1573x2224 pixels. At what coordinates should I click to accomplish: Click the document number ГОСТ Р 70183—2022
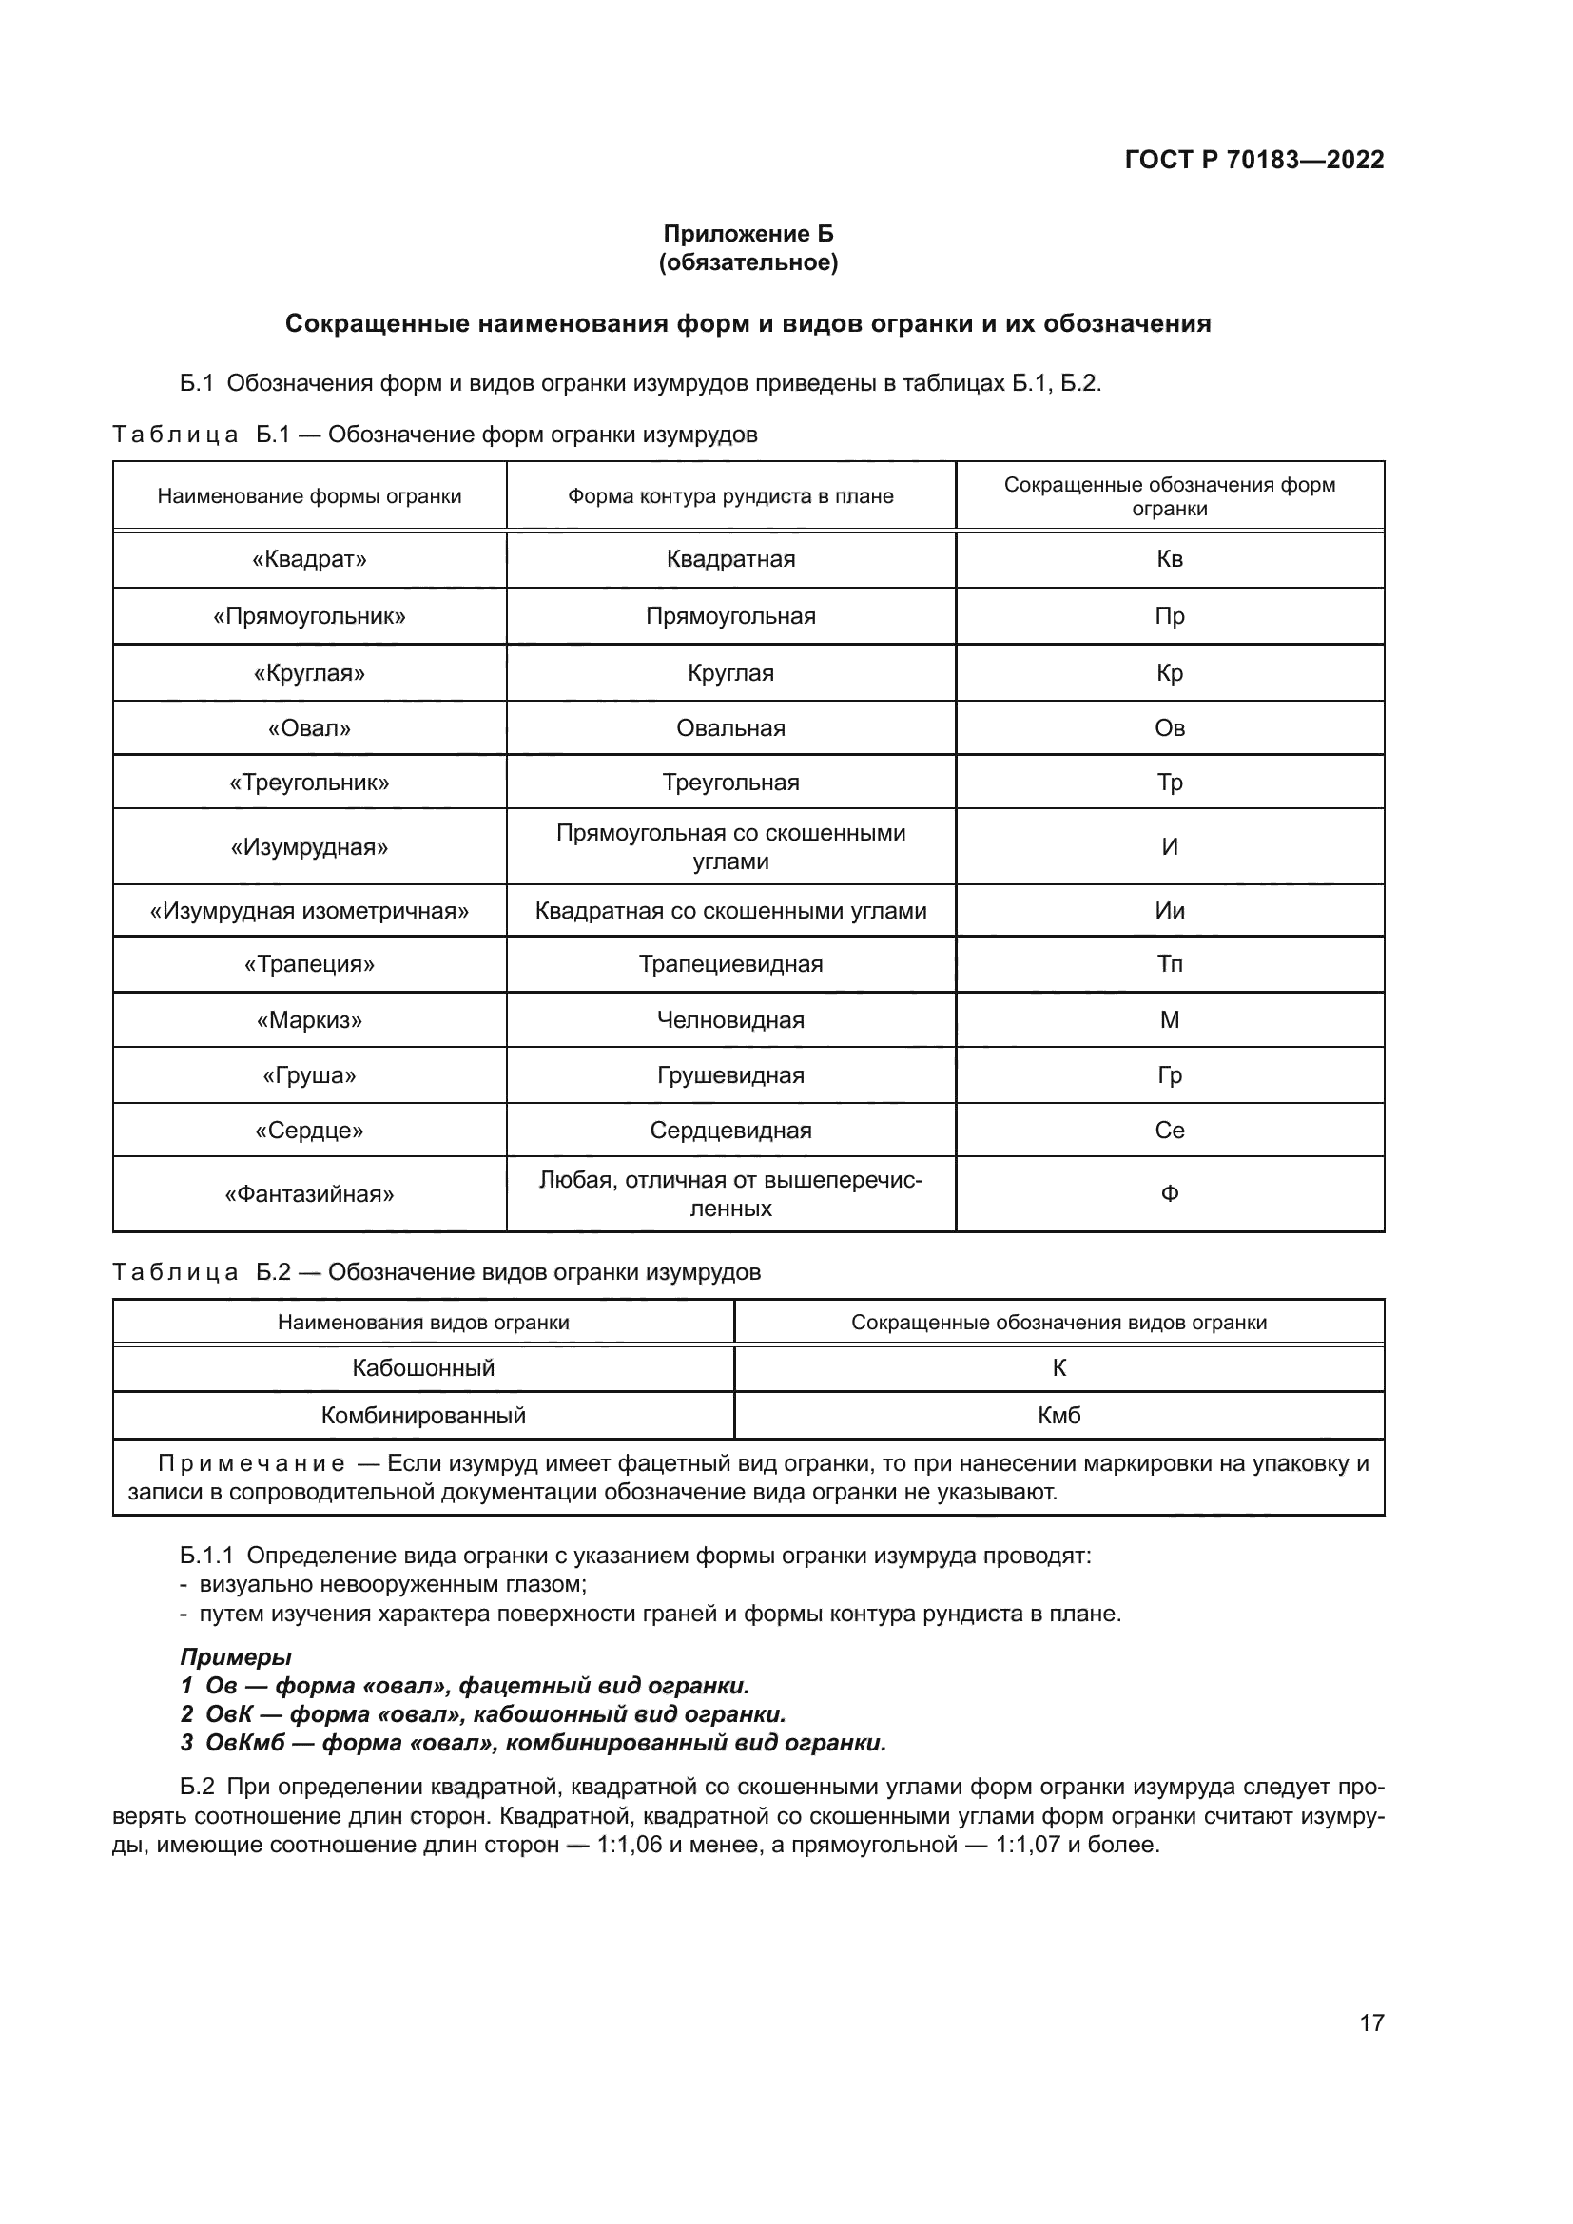click(1253, 160)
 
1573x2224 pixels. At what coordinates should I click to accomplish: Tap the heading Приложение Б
click(748, 234)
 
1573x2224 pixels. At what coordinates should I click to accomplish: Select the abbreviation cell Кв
click(1169, 559)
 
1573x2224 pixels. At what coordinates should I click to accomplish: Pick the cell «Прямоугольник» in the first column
click(309, 616)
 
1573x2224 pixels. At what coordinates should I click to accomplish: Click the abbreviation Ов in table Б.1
click(1169, 727)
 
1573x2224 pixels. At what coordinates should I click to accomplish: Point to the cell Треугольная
click(730, 782)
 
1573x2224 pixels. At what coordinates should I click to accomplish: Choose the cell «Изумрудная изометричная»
click(309, 911)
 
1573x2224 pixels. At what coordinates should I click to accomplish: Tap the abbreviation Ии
click(1169, 911)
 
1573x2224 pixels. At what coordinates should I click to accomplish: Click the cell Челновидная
click(730, 1019)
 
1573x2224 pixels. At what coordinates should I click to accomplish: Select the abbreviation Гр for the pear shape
click(1169, 1075)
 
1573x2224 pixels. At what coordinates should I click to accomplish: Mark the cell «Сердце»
click(309, 1131)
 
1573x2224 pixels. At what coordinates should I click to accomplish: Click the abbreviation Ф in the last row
click(1169, 1193)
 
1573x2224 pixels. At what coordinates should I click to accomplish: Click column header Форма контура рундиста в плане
click(730, 496)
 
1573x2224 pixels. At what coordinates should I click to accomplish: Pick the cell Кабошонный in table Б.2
click(423, 1367)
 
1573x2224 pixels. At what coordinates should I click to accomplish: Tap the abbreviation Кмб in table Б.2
click(1058, 1415)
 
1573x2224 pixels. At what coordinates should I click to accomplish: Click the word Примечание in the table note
click(251, 1463)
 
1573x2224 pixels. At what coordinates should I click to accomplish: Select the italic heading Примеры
click(235, 1656)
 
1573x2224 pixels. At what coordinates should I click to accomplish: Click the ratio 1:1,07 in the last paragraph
click(1027, 1845)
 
